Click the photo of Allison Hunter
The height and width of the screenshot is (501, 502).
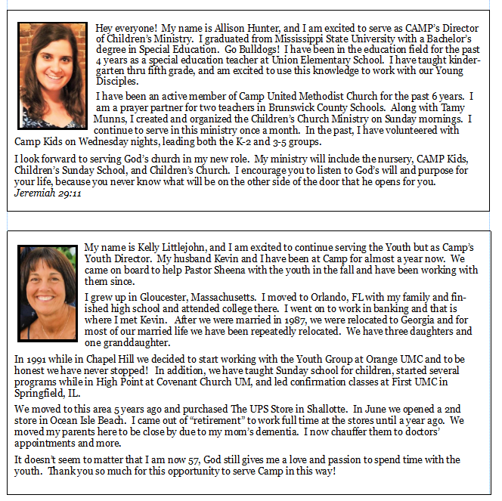pos(54,76)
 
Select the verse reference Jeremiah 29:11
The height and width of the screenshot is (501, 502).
pos(48,193)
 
